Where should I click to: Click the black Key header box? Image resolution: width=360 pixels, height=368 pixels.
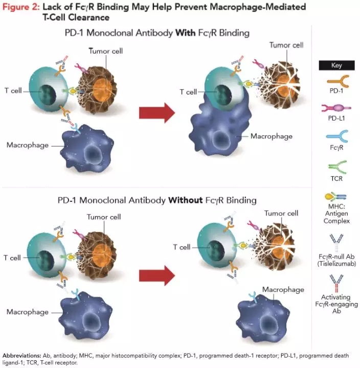coord(336,65)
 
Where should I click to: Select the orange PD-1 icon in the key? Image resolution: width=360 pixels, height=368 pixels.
coord(336,82)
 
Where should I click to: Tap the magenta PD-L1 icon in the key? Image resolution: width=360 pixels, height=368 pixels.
coord(336,109)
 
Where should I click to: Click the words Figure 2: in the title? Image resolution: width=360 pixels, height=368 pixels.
coord(20,7)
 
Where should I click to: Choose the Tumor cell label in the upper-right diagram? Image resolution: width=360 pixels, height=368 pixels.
coord(285,45)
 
